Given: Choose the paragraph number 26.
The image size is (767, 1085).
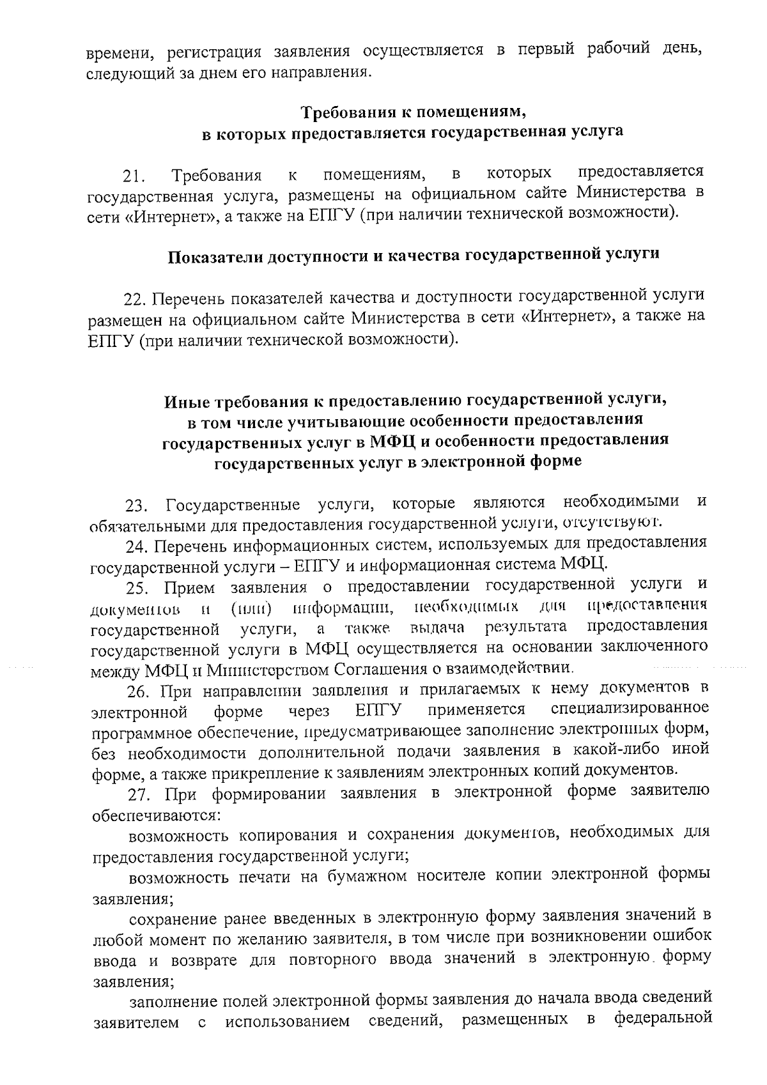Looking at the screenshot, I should pos(138,692).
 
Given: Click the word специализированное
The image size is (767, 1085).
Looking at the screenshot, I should pos(629,709).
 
